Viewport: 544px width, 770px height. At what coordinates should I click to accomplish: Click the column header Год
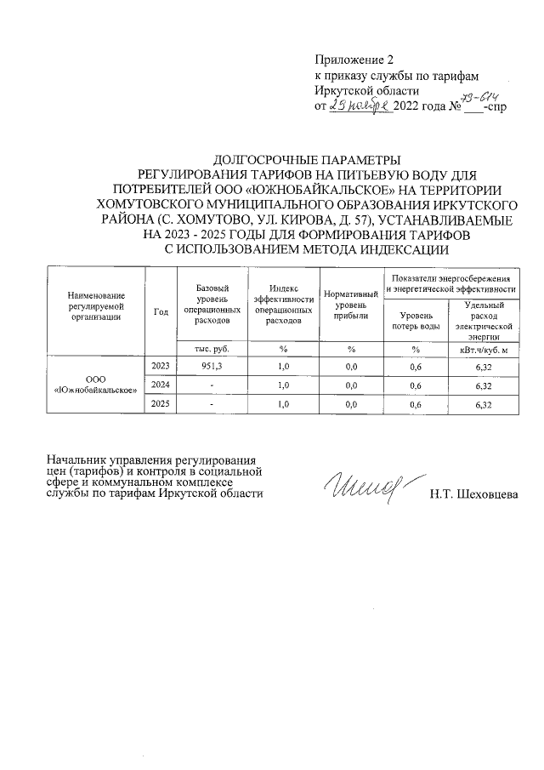coord(160,311)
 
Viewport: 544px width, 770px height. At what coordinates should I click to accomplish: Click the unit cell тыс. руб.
coord(212,349)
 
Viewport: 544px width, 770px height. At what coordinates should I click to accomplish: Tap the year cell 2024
coord(160,385)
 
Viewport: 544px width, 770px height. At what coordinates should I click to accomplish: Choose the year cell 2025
coord(160,404)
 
